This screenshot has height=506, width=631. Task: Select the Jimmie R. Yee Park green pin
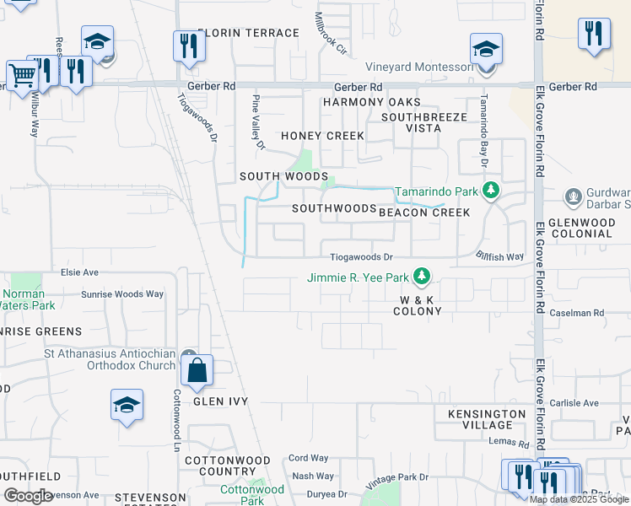click(x=423, y=277)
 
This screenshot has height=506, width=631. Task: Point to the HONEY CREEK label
click(x=322, y=136)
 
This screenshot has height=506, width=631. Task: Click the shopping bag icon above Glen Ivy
click(x=197, y=371)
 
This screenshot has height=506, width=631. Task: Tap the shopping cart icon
click(x=22, y=76)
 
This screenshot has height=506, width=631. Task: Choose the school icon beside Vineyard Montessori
click(x=486, y=49)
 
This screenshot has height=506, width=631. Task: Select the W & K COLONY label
click(x=418, y=305)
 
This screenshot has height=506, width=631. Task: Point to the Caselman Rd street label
click(x=588, y=313)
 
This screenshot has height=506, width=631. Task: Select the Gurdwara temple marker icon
click(x=574, y=197)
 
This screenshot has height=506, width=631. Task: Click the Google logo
click(x=28, y=496)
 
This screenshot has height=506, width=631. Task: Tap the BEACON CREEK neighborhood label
click(x=423, y=213)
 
